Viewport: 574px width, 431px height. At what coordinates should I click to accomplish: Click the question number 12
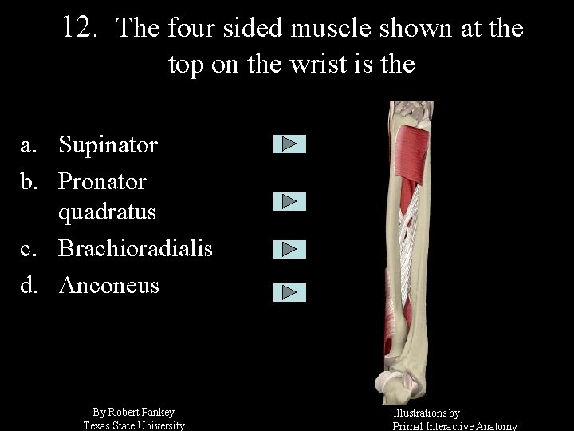point(79,28)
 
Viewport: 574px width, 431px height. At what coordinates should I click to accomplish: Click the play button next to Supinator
point(289,144)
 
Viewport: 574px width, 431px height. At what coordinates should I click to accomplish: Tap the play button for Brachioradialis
point(289,250)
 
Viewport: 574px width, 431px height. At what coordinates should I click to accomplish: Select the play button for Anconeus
point(289,292)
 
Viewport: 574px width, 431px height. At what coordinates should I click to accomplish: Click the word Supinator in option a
point(108,145)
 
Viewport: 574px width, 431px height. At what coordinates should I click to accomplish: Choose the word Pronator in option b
point(103,181)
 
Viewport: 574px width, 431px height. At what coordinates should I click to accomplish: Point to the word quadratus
point(107,213)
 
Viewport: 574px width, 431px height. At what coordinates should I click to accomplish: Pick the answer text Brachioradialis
point(136,249)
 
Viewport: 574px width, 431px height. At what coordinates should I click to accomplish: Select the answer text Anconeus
point(109,285)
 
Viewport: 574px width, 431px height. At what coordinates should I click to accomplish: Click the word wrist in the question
point(313,64)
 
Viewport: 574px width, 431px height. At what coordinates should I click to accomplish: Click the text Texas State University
point(134,425)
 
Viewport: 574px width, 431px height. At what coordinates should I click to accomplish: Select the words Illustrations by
point(426,413)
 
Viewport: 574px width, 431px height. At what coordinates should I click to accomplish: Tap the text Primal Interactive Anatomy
point(454,426)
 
